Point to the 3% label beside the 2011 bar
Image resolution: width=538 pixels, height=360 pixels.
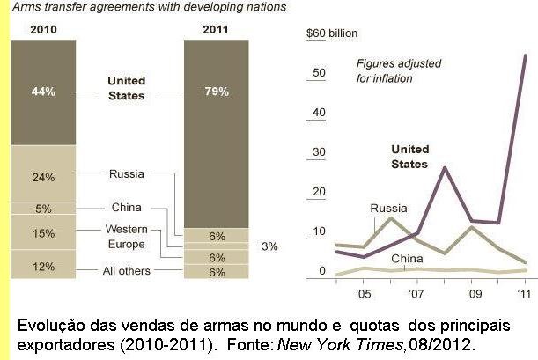[x=269, y=247]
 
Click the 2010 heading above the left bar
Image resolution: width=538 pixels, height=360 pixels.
[x=44, y=29]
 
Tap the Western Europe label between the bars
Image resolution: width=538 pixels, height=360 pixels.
[x=125, y=235]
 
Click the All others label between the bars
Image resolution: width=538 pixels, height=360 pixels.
[x=125, y=271]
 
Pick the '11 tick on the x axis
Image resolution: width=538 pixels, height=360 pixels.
[x=523, y=293]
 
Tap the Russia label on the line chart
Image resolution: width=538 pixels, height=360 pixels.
[x=388, y=209]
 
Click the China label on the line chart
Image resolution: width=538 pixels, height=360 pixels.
[x=407, y=259]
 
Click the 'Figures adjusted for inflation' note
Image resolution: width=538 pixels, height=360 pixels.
[x=398, y=70]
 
